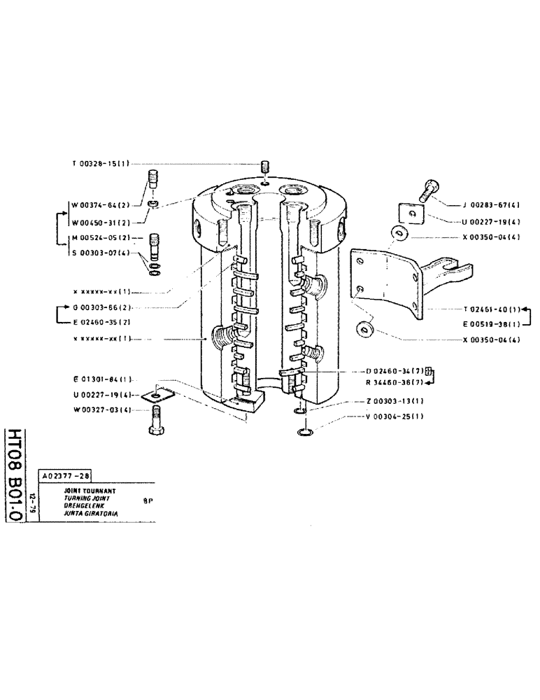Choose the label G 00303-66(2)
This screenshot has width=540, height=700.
pos(99,307)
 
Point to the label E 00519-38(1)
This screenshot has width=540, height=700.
pos(491,324)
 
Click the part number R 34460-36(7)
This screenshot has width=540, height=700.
pos(392,382)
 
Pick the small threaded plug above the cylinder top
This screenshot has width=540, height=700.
pos(265,168)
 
